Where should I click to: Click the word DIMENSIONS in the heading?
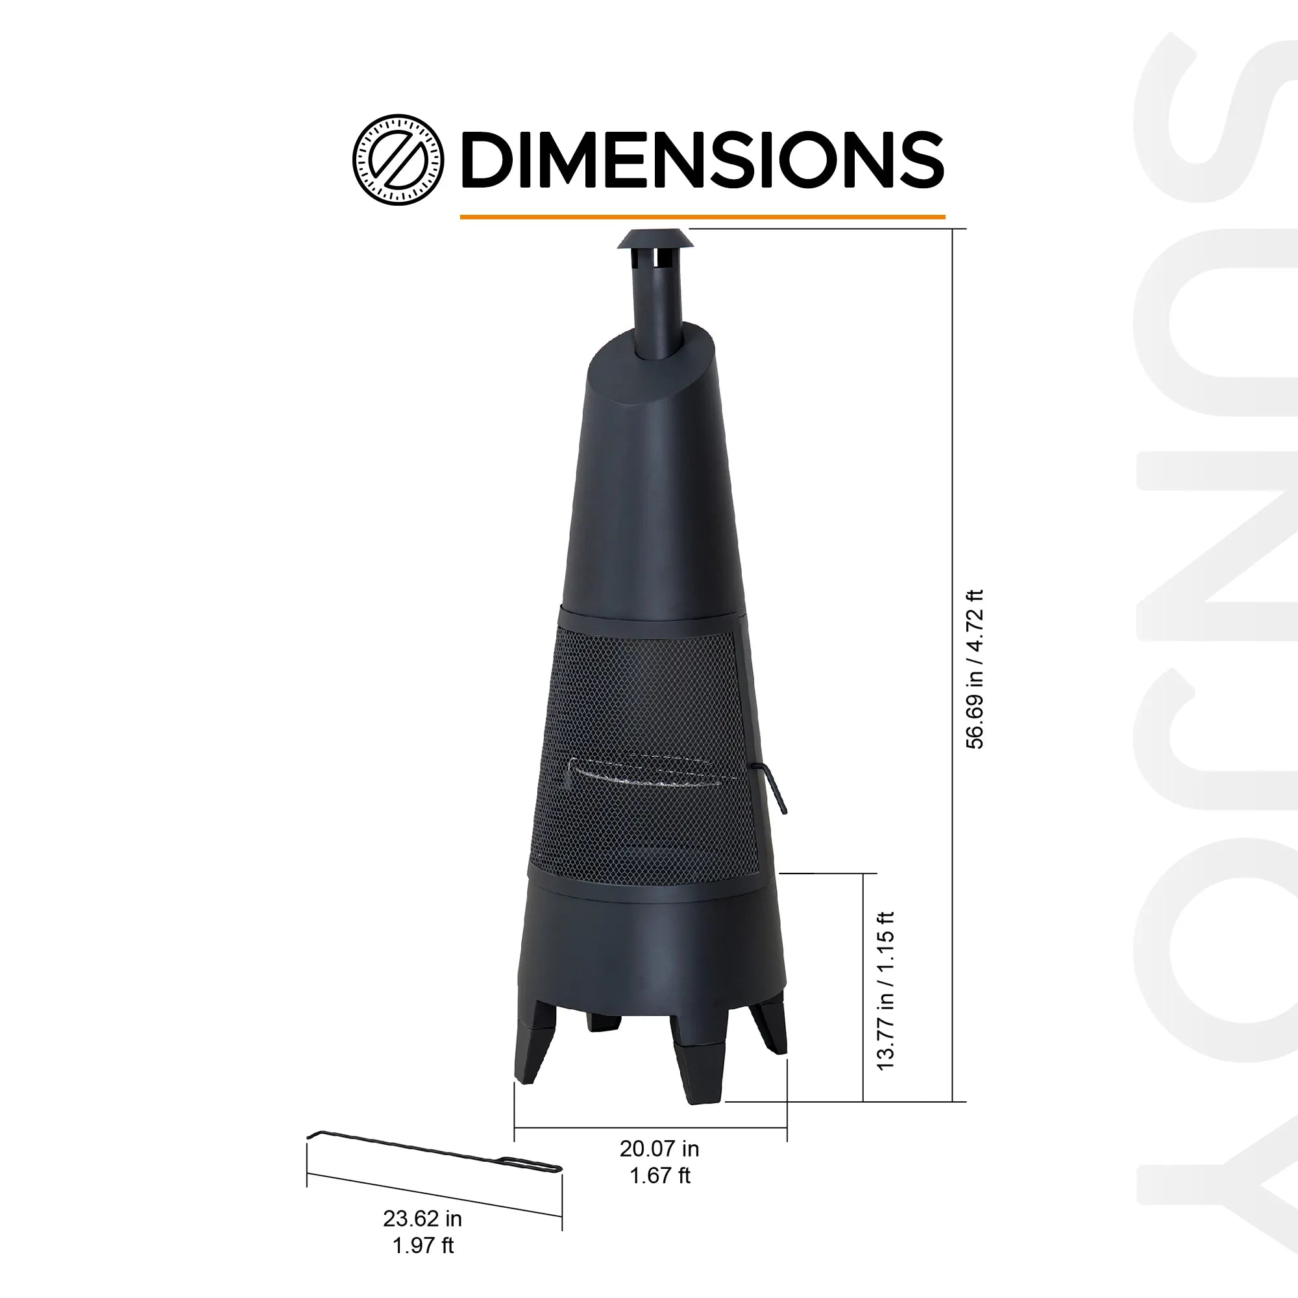[x=702, y=160]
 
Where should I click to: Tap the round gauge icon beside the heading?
[x=398, y=160]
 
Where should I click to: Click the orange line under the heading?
[x=702, y=217]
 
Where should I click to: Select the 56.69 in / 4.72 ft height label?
[x=974, y=669]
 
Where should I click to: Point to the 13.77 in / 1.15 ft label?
[x=885, y=991]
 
